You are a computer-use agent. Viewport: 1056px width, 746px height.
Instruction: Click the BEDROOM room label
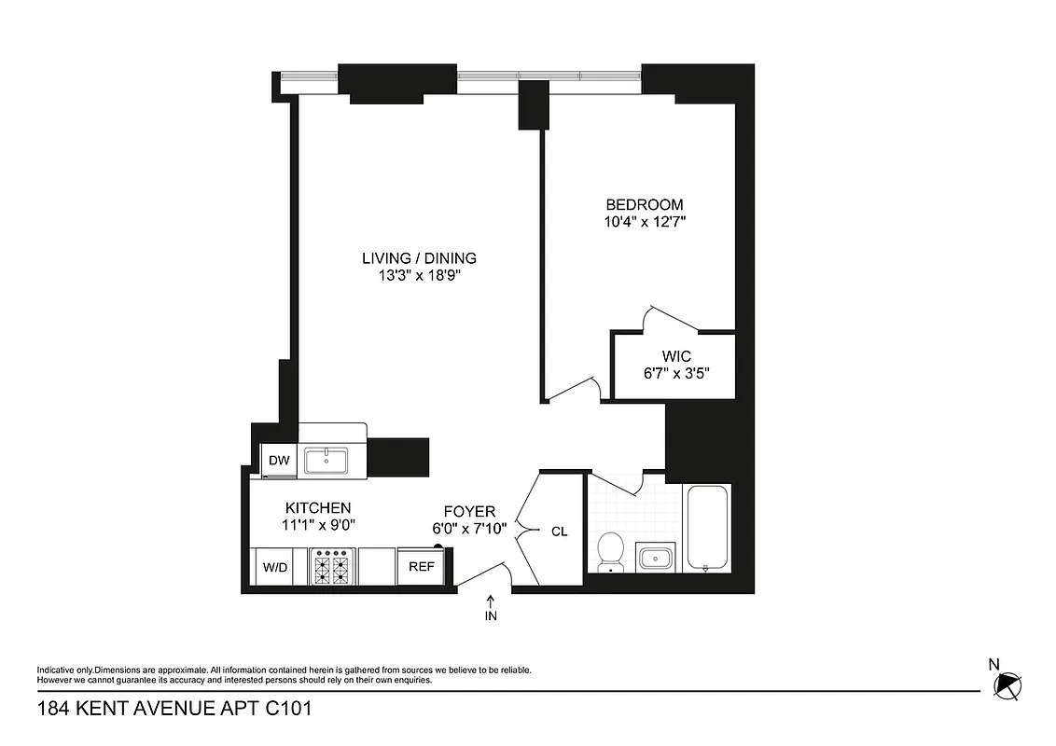click(645, 205)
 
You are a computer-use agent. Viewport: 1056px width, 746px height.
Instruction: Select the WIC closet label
click(676, 356)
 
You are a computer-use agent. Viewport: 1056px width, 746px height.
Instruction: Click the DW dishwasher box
click(278, 461)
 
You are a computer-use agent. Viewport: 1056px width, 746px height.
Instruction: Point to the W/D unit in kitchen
click(274, 567)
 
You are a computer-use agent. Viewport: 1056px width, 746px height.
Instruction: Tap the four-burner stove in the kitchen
click(333, 567)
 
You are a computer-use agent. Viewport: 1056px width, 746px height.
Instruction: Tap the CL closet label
click(560, 532)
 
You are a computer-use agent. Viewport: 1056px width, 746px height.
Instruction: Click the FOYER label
click(468, 511)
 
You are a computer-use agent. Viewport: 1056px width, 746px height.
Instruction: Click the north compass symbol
click(1007, 685)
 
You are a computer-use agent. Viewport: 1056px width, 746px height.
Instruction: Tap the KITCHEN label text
click(318, 507)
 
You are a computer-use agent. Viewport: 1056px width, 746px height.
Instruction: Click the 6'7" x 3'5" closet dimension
click(676, 373)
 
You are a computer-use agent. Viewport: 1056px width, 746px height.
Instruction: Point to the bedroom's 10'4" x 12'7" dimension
click(645, 222)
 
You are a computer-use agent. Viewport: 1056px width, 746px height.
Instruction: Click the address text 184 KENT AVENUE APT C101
click(174, 710)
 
